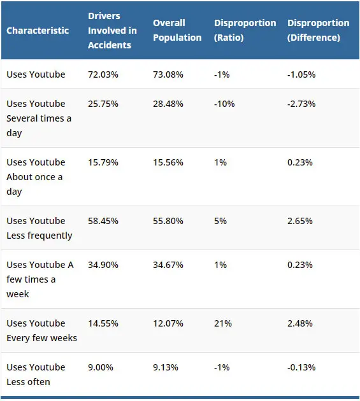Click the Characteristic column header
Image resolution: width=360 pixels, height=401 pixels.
tap(38, 31)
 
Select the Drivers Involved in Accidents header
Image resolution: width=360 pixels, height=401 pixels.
tap(112, 31)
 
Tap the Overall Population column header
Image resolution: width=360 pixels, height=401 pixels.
tap(178, 31)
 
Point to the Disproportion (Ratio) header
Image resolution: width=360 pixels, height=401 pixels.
tap(245, 31)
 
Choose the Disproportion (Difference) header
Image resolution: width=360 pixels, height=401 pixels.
tap(318, 31)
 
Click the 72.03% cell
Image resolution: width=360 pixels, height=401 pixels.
tap(103, 74)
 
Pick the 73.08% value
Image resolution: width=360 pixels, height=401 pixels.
tap(168, 74)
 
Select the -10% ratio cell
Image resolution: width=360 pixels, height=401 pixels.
tap(223, 104)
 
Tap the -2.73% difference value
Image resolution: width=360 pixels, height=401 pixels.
tap(301, 104)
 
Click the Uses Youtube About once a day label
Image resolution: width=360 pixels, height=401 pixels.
tap(36, 177)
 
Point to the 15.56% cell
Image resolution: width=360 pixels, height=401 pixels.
tap(168, 162)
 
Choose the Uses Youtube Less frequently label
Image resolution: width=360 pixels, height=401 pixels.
tap(39, 228)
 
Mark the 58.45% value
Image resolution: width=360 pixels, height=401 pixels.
tap(103, 221)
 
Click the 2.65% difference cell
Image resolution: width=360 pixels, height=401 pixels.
tap(300, 221)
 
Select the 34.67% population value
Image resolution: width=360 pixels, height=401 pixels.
tap(168, 265)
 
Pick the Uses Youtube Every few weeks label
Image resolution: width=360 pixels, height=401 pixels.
tap(41, 330)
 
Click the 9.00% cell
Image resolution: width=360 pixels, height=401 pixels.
tap(101, 367)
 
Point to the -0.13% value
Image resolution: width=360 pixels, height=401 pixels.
tap(301, 367)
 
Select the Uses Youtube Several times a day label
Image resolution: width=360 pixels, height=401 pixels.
tap(39, 118)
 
